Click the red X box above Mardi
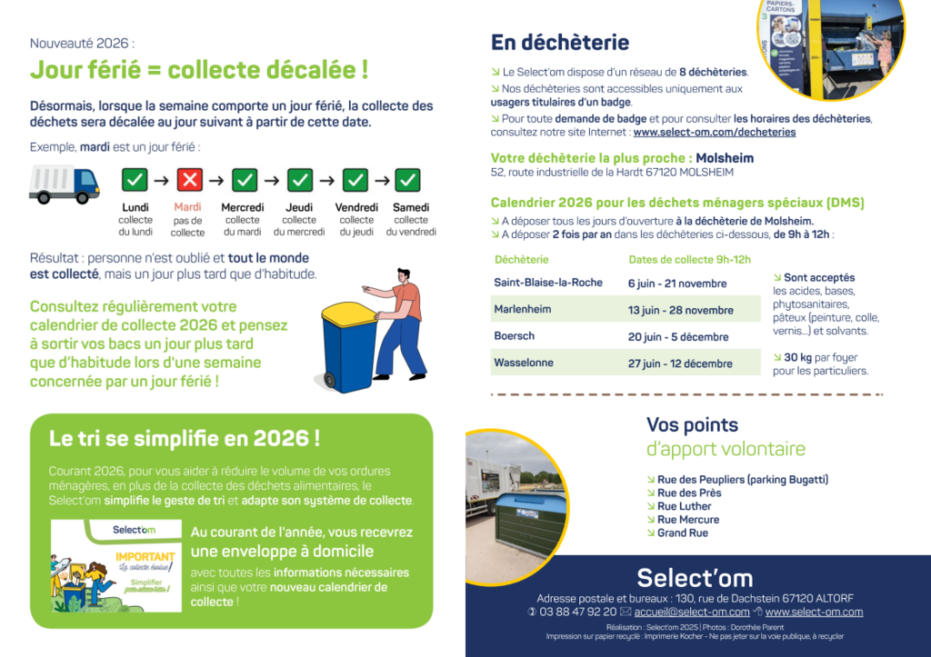click(189, 180)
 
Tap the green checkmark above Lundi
click(135, 180)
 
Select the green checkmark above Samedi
click(408, 180)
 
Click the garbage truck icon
click(64, 184)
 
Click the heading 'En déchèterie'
click(559, 43)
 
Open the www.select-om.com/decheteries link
click(714, 132)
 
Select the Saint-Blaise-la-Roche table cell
click(548, 283)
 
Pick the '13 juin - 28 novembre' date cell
click(680, 310)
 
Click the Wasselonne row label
click(524, 363)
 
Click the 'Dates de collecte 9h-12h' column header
click(689, 260)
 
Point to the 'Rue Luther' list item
click(684, 506)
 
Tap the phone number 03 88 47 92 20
click(577, 612)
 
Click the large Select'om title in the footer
click(695, 578)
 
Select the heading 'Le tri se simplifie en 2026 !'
click(184, 438)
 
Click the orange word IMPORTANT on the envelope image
click(145, 556)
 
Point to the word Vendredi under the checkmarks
click(356, 208)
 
